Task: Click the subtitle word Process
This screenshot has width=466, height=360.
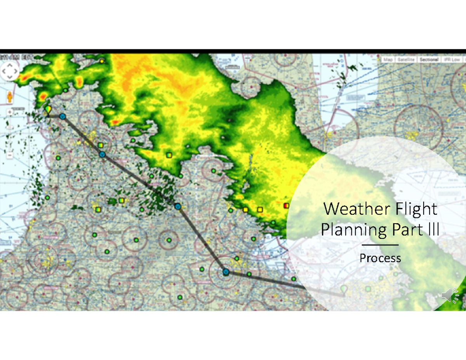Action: pos(380,258)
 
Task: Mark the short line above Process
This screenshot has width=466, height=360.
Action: pos(380,245)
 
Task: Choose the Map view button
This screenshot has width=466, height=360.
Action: pos(388,59)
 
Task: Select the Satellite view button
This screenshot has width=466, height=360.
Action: pos(406,59)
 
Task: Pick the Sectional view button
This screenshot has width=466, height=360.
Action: pos(429,59)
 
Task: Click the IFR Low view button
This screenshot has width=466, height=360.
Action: pos(452,59)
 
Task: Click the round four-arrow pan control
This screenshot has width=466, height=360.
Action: pos(10,71)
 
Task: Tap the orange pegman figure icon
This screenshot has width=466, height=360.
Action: pos(10,97)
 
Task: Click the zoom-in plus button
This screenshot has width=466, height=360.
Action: pos(10,112)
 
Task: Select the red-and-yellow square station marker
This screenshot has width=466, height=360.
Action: pos(287,205)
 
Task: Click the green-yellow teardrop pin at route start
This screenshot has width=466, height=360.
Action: pos(48,110)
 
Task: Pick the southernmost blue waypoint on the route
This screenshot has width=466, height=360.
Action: pos(226,272)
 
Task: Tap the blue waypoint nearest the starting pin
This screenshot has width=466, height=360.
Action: pos(63,116)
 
